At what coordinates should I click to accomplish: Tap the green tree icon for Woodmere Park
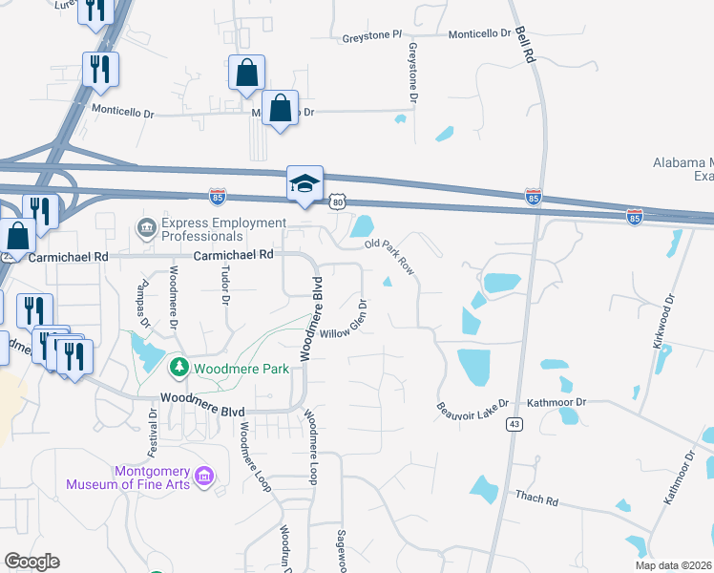(178, 367)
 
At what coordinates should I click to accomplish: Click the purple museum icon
(202, 476)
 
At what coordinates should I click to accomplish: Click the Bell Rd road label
(524, 45)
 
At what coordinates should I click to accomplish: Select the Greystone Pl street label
(367, 38)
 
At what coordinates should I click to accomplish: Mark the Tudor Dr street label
(227, 285)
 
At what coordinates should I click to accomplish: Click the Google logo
(31, 562)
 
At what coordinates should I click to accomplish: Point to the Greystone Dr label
(413, 73)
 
